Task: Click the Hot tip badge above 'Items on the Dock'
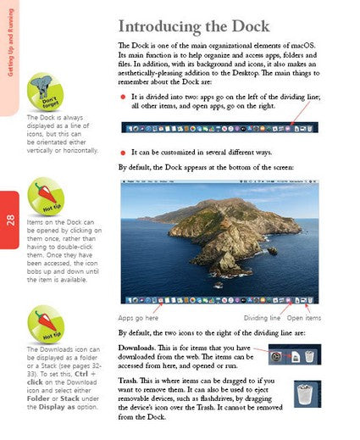(47, 196)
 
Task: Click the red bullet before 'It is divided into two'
(123, 98)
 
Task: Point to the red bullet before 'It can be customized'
(123, 151)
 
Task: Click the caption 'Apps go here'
(137, 318)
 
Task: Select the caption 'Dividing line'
(262, 318)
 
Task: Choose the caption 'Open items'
(304, 318)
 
